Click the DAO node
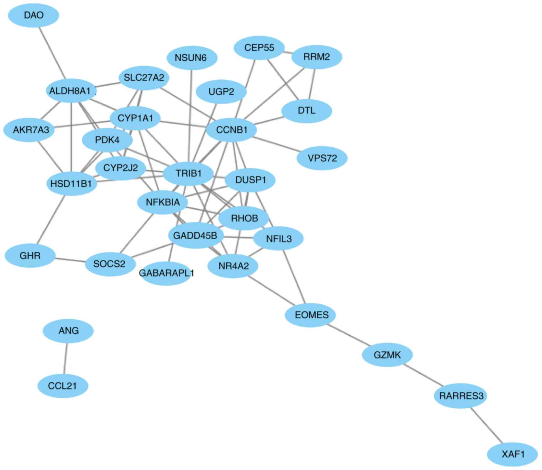click(x=33, y=15)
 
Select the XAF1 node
click(x=512, y=454)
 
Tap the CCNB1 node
click(x=231, y=130)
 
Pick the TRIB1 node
click(x=188, y=173)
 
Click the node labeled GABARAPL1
click(x=166, y=273)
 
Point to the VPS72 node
click(x=322, y=158)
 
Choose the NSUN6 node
click(x=192, y=58)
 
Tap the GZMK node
click(x=387, y=355)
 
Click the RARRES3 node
click(x=460, y=396)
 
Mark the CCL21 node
click(x=63, y=386)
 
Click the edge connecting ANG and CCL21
click(x=65, y=358)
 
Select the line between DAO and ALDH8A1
click(x=52, y=53)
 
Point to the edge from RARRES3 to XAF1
click(x=486, y=425)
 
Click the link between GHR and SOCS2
click(x=70, y=260)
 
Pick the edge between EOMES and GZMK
click(x=349, y=335)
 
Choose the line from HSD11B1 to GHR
click(x=51, y=219)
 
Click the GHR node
click(x=30, y=256)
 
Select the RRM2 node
click(x=316, y=57)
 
